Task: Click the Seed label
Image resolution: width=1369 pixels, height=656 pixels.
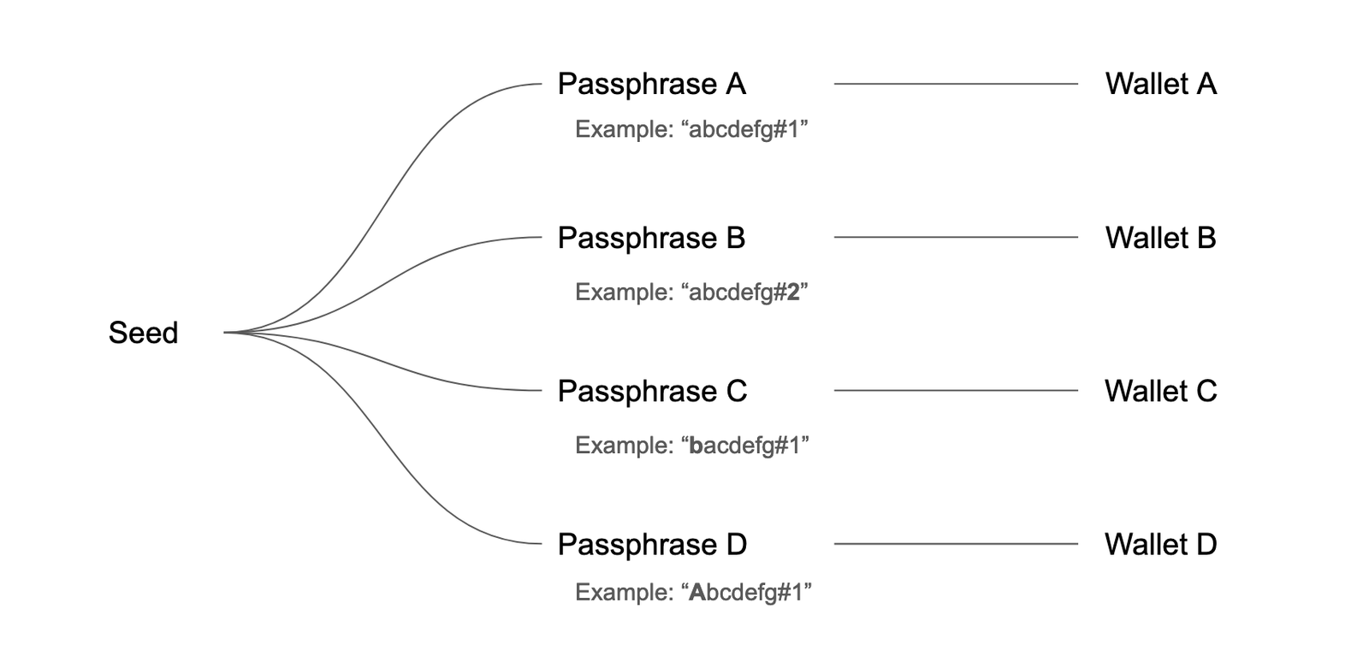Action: pyautogui.click(x=143, y=333)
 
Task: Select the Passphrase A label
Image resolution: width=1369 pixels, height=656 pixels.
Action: pyautogui.click(x=651, y=85)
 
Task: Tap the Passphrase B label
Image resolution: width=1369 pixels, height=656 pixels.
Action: pyautogui.click(x=651, y=238)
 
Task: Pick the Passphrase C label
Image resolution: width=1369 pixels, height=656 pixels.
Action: pyautogui.click(x=652, y=391)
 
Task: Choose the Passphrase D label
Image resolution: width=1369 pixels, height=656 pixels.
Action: pyautogui.click(x=652, y=544)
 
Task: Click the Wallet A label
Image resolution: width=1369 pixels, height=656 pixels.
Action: pyautogui.click(x=1160, y=84)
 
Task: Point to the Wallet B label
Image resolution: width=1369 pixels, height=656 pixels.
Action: pyautogui.click(x=1160, y=238)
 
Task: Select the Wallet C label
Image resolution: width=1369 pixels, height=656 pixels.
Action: pyautogui.click(x=1160, y=391)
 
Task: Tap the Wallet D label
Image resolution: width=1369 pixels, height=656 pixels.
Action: pyautogui.click(x=1160, y=544)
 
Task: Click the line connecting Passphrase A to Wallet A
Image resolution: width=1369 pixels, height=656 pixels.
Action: pyautogui.click(x=956, y=84)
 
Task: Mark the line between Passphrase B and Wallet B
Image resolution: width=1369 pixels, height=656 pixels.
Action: pyautogui.click(x=956, y=237)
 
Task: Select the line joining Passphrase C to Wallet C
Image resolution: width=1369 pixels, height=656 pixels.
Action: pyautogui.click(x=956, y=390)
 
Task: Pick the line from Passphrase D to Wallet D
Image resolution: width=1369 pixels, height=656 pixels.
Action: pyautogui.click(x=956, y=544)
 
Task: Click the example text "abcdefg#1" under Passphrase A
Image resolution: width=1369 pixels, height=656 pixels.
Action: pyautogui.click(x=744, y=130)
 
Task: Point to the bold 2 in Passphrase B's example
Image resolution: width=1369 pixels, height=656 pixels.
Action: pyautogui.click(x=792, y=293)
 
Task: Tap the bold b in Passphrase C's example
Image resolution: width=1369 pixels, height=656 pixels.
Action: pyautogui.click(x=696, y=446)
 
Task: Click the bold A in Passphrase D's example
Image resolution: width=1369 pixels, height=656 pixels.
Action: pyautogui.click(x=697, y=593)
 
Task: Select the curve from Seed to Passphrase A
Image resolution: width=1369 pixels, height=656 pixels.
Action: pyautogui.click(x=382, y=208)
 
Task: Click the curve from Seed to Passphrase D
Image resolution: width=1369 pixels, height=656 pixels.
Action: pyautogui.click(x=382, y=437)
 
